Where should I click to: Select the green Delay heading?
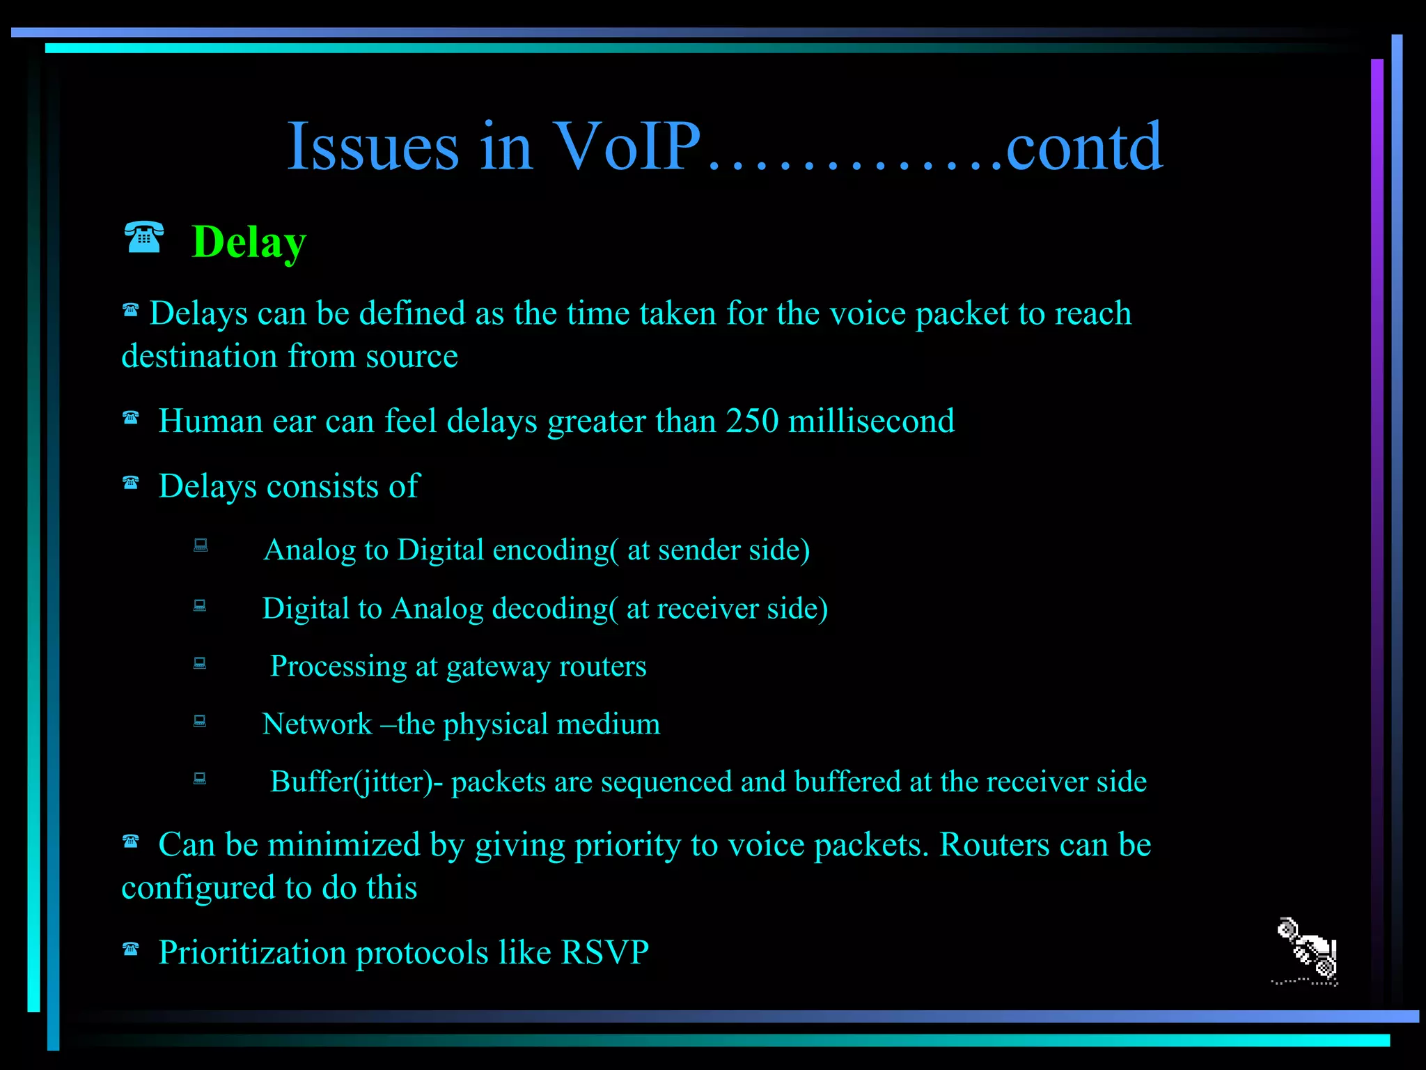tap(249, 242)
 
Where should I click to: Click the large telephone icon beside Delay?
tap(144, 238)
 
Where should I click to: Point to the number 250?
tap(752, 421)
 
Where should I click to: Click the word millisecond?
tap(871, 421)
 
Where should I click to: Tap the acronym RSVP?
tap(604, 952)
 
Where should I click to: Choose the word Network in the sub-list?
tap(317, 724)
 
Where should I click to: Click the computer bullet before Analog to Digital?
tap(201, 545)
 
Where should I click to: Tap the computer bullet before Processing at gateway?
tap(200, 662)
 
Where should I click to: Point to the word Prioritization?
tap(252, 952)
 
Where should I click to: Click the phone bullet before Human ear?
tap(131, 418)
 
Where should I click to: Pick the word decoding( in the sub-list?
tap(554, 609)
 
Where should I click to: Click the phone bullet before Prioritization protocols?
tap(131, 949)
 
